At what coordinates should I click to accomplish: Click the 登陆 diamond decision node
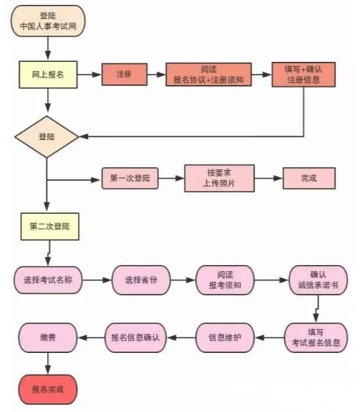(x=47, y=137)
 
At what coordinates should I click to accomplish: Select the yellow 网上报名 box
(x=48, y=75)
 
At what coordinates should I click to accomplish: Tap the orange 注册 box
(x=124, y=75)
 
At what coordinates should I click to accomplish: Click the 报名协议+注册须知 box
(x=209, y=75)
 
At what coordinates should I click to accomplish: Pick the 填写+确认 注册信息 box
(x=304, y=75)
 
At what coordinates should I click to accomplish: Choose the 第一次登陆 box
(x=130, y=179)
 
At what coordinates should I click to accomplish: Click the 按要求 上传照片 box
(x=219, y=178)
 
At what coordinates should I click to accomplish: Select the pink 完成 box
(x=309, y=178)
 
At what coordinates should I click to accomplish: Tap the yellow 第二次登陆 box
(x=50, y=226)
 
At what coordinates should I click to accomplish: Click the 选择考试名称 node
(x=48, y=280)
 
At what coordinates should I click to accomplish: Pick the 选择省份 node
(x=141, y=280)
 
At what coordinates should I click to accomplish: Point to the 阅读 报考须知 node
(x=225, y=280)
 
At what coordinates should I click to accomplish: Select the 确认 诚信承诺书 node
(x=319, y=280)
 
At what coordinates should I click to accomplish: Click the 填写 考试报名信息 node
(x=316, y=337)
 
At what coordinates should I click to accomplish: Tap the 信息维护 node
(x=225, y=337)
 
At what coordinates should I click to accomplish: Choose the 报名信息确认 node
(x=136, y=337)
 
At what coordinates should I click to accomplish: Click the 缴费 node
(x=48, y=337)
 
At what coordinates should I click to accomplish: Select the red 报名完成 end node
(x=48, y=390)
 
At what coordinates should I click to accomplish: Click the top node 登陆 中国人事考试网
(x=48, y=21)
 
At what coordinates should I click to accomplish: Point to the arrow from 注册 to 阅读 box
(x=156, y=75)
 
